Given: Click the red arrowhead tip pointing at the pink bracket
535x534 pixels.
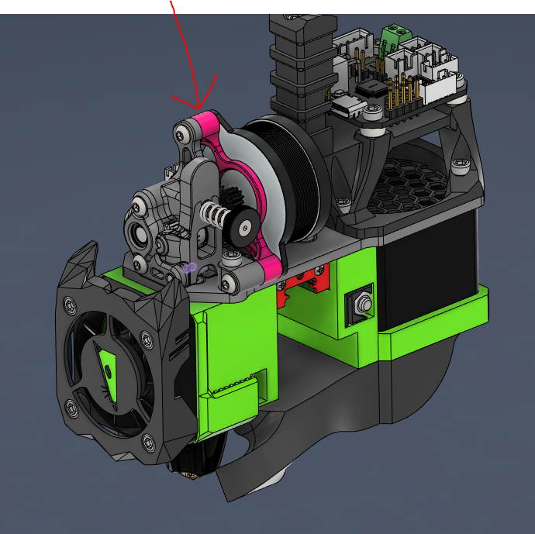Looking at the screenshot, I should pos(199,106).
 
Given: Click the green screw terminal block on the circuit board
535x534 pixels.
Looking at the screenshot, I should pos(395,35).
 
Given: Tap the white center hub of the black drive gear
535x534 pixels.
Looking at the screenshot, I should pos(245,226).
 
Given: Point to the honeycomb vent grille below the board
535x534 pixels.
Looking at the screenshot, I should pos(415,187).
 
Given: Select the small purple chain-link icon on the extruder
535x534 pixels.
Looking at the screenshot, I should pos(188,268).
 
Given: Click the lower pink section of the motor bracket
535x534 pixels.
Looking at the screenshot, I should pos(268,268).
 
